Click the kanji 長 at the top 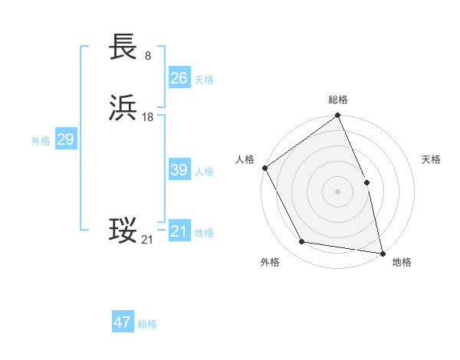pos(123,47)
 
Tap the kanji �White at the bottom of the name pos(123,231)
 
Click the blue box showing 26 pos(179,78)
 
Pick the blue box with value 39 pos(179,170)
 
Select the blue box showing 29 pos(65,139)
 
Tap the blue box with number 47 pos(123,322)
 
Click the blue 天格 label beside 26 pos(204,80)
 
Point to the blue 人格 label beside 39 pos(204,172)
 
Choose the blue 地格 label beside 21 pos(204,233)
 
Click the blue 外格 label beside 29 pos(41,141)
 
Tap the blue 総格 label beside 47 pos(147,324)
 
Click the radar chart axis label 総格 pos(338,100)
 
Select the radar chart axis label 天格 pos(431,159)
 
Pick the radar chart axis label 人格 pos(245,159)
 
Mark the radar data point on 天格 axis pos(366,182)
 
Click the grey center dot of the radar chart pos(337,191)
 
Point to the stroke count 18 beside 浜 pos(148,116)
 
